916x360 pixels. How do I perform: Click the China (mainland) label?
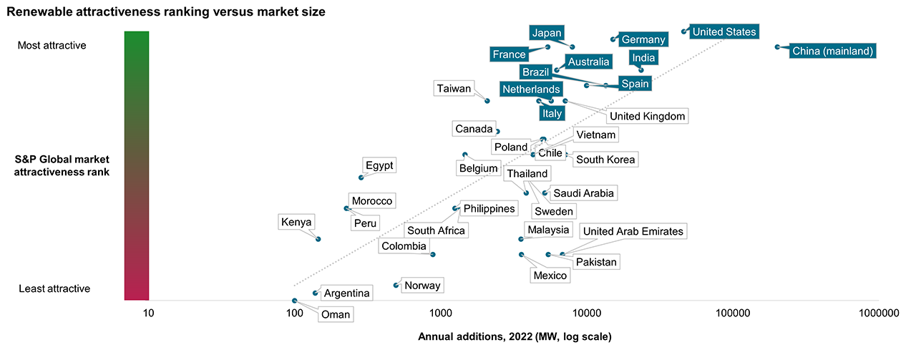pos(832,51)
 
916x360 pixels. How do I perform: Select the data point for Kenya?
pos(318,239)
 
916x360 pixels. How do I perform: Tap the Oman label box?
pos(335,314)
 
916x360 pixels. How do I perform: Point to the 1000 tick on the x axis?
pos(440,313)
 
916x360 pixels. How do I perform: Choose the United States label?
pos(723,31)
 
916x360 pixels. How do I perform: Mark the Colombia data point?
pos(433,254)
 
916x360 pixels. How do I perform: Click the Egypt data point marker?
pos(361,177)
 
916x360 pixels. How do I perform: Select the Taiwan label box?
pos(454,89)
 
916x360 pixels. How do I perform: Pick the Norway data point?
pos(396,286)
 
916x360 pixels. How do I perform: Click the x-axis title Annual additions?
pos(515,336)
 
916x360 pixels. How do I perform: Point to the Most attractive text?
pos(62,45)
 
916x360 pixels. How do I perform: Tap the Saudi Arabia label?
pos(583,193)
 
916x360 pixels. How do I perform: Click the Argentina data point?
pos(316,293)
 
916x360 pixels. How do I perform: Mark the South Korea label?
pos(605,160)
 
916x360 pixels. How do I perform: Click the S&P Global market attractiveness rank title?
pos(62,166)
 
